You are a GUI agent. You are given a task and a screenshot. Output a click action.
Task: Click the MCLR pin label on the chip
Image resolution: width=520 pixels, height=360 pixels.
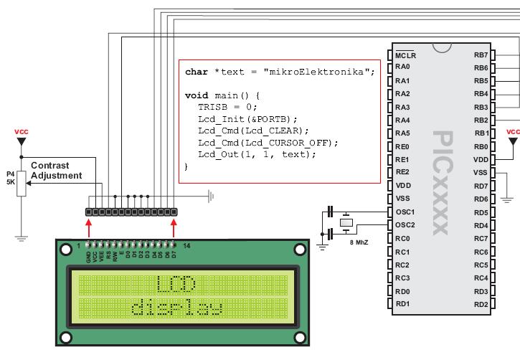[x=406, y=55]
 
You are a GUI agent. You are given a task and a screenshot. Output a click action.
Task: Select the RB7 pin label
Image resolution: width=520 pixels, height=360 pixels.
[x=481, y=55]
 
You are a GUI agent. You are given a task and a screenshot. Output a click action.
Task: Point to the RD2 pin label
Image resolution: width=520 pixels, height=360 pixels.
[x=481, y=304]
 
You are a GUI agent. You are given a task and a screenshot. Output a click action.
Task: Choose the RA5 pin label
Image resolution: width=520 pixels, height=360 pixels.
[x=402, y=133]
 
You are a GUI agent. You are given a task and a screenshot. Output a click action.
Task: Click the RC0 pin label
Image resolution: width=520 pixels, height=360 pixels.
[x=402, y=238]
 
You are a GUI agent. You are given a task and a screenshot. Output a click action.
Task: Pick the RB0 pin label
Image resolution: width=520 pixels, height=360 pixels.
[x=481, y=146]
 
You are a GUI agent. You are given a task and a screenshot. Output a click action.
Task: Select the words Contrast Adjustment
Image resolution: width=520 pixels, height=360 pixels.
[x=60, y=169]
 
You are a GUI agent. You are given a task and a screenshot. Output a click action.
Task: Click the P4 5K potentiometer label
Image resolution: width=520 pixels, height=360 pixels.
[x=10, y=177]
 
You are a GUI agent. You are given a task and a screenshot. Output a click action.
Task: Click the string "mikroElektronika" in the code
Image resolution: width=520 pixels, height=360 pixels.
[x=319, y=72]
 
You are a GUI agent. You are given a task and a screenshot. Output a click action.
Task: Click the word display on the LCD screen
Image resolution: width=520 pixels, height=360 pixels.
[x=176, y=309]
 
